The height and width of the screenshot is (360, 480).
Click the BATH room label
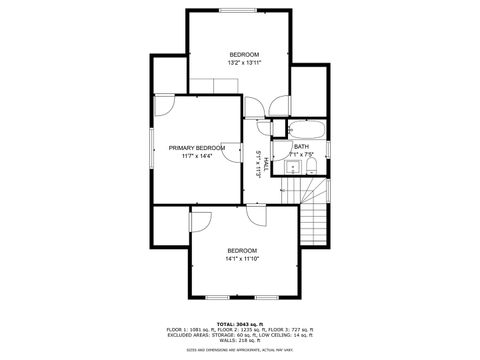click(x=301, y=147)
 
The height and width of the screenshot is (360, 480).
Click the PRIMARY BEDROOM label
click(x=196, y=147)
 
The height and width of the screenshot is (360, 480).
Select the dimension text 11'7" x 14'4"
click(x=196, y=156)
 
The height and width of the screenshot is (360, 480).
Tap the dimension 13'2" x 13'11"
click(x=244, y=63)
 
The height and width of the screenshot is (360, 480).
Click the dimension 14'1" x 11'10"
click(x=242, y=258)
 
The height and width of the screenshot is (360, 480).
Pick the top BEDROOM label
click(x=244, y=54)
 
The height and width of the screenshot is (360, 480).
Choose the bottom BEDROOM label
click(x=242, y=250)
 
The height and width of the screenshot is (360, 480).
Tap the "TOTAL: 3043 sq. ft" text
click(x=240, y=324)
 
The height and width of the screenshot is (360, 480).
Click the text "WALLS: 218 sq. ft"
click(x=240, y=340)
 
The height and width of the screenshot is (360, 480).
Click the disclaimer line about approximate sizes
click(x=240, y=349)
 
